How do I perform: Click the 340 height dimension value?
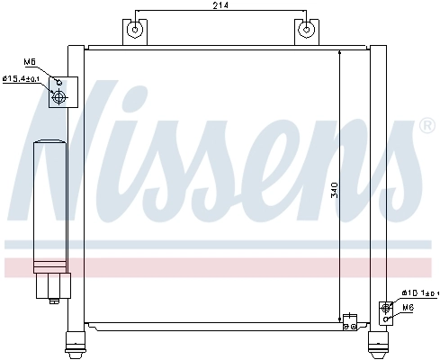[335, 190]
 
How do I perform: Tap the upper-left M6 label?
[29, 62]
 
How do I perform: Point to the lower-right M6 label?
[408, 308]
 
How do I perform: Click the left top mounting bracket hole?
[134, 30]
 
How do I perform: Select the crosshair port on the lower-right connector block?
[386, 307]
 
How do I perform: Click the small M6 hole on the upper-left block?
[60, 83]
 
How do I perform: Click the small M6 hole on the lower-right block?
[386, 318]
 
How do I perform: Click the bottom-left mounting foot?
[74, 343]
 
